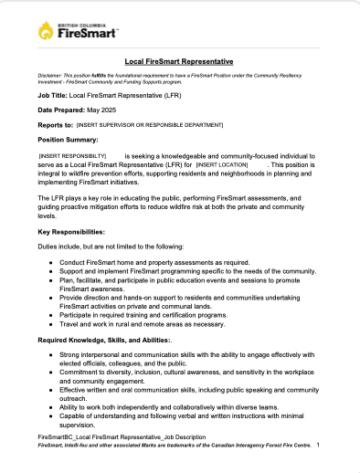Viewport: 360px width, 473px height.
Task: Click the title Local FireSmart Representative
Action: point(179,60)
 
